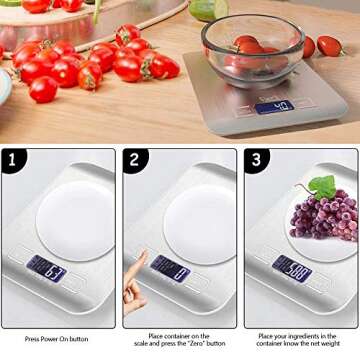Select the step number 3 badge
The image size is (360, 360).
(x=256, y=159)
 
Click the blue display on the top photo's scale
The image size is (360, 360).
(x=274, y=106)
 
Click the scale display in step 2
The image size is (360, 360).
(x=169, y=267)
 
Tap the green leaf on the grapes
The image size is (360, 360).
(x=321, y=186)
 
